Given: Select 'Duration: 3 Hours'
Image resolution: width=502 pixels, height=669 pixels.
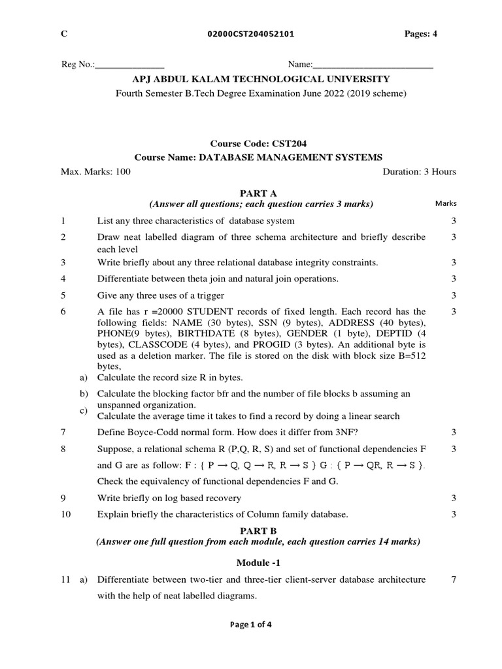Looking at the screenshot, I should [x=419, y=172].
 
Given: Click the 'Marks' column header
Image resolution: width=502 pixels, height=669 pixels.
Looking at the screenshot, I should [x=446, y=204].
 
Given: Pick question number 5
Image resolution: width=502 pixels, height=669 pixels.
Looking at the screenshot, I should [x=63, y=295].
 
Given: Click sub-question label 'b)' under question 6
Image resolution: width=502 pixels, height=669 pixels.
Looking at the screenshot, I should [x=83, y=393].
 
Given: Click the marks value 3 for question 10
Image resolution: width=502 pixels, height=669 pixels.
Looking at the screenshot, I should [x=453, y=514].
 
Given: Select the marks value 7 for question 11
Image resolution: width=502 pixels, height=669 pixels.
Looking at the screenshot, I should [x=453, y=579].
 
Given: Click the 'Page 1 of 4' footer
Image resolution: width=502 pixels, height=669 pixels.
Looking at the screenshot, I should [x=250, y=624].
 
